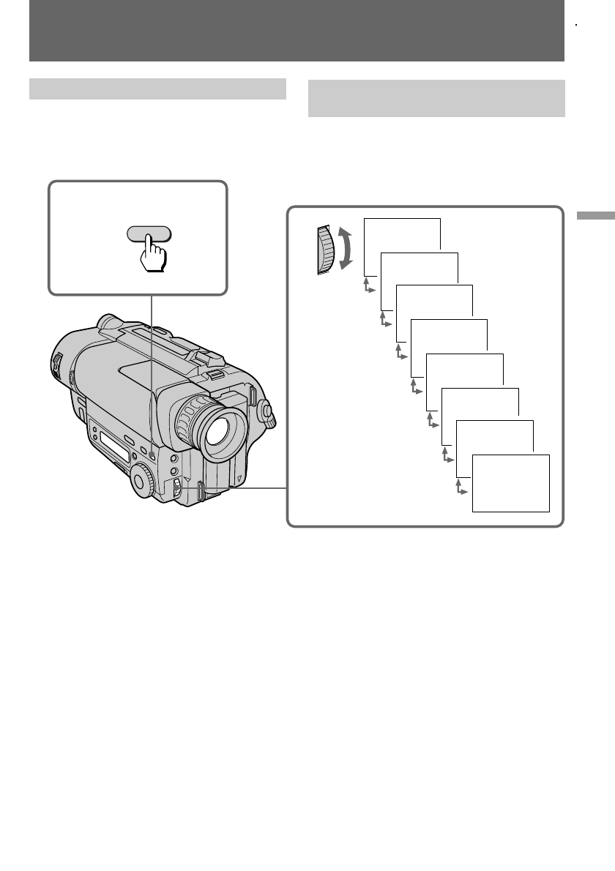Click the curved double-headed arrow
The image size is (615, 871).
[x=348, y=249]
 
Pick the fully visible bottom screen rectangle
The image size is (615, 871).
[x=511, y=483]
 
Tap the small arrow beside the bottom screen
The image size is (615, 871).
[x=461, y=487]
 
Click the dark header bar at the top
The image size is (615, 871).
[x=297, y=31]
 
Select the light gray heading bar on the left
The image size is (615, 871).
[x=157, y=89]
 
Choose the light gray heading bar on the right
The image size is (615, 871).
[x=436, y=98]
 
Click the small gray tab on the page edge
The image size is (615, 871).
[x=594, y=216]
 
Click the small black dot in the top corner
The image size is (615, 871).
[x=577, y=24]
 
